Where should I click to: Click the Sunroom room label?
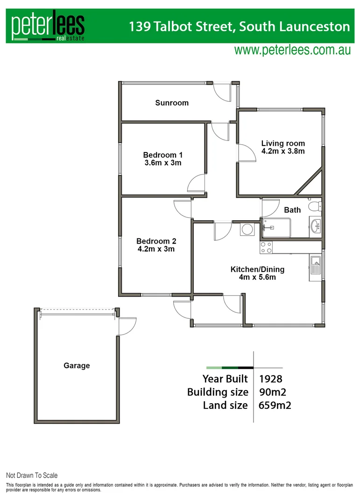click(172, 103)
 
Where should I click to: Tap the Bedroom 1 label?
click(162, 155)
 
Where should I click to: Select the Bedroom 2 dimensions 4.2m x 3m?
click(156, 249)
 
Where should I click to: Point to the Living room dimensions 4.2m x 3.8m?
click(283, 151)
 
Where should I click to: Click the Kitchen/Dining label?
click(257, 269)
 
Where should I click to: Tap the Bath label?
click(292, 210)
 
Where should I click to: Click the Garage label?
click(77, 366)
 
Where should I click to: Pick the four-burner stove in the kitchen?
click(266, 247)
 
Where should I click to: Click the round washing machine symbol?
click(247, 229)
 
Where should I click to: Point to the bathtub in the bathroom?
click(276, 228)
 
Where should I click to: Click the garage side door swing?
click(127, 326)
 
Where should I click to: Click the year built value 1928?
click(270, 378)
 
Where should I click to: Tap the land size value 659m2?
click(275, 405)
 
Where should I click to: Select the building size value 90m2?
click(271, 392)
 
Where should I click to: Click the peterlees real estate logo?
click(48, 27)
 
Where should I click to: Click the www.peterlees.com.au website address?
click(292, 50)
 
